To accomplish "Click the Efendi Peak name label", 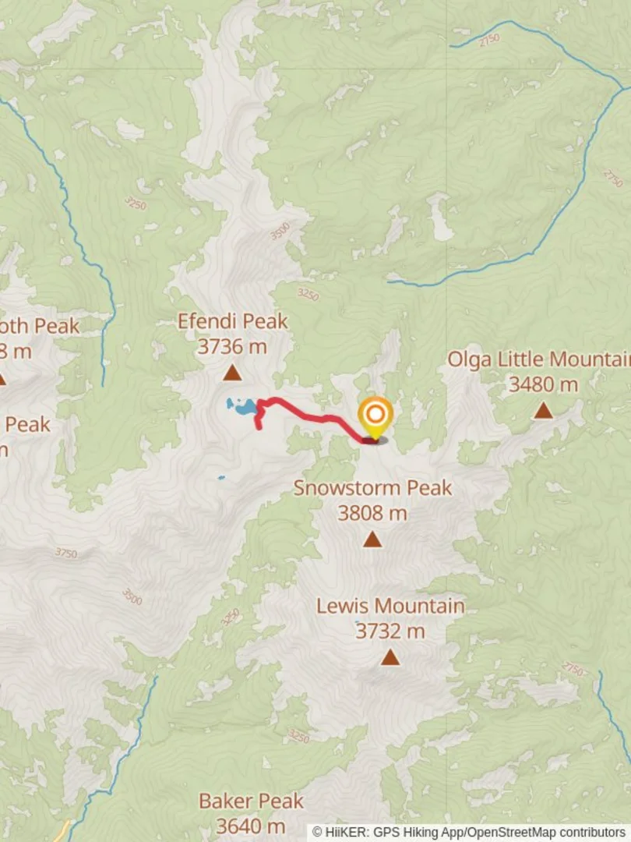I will point(232,321).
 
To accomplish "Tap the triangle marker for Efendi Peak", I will point(231,373).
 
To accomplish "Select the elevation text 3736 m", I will point(231,346).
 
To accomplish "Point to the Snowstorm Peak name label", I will point(372,488).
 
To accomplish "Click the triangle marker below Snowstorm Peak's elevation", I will point(372,540).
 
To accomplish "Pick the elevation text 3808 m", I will point(372,513).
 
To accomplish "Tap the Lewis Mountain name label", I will point(390,606).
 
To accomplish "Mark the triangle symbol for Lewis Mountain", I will point(390,658).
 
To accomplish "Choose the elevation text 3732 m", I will point(390,631).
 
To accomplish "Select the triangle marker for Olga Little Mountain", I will point(543,411).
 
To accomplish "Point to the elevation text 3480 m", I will point(543,384).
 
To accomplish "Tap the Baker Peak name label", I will point(251,801).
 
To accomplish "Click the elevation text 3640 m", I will point(251,826).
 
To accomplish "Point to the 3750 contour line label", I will point(66,553).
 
